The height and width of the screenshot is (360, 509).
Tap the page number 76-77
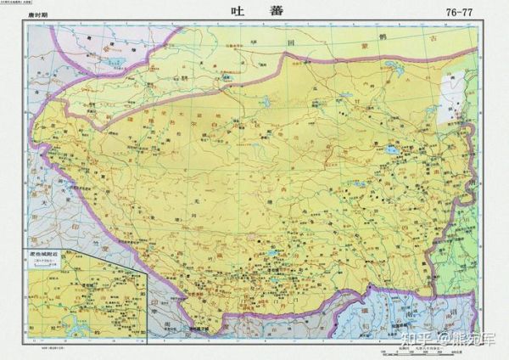pyautogui.click(x=471, y=12)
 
